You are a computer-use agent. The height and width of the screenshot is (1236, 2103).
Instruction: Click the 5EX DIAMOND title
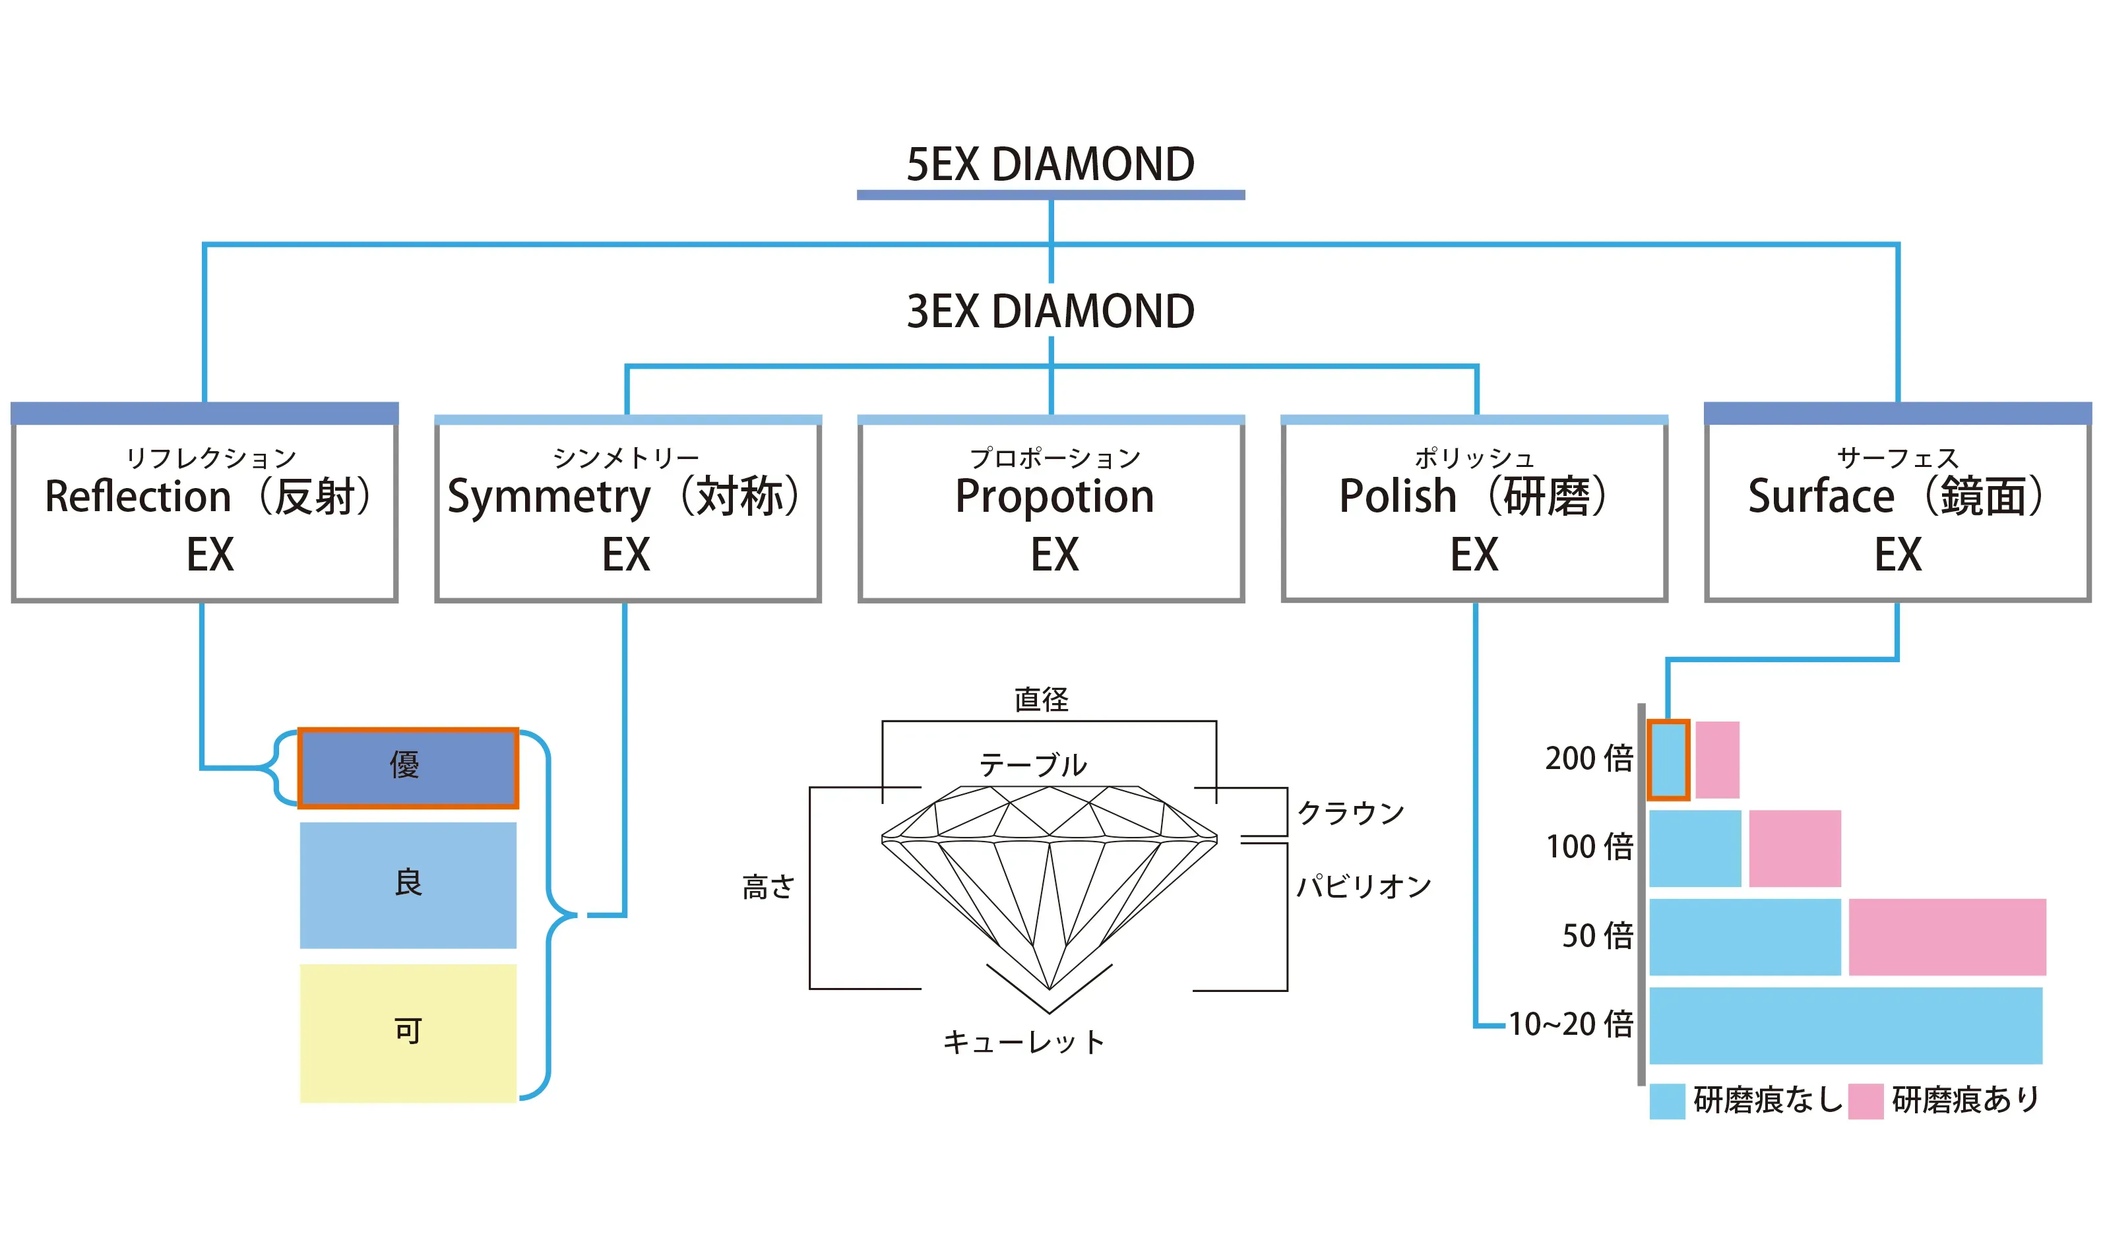tap(1050, 164)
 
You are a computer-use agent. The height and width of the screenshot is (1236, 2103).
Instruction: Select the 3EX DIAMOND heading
tap(1050, 311)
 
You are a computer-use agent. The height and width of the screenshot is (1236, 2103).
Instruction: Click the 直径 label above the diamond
tap(1041, 699)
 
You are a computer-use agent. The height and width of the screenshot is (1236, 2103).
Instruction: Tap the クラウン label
tap(1350, 813)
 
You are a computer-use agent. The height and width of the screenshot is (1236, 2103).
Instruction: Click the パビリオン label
tap(1363, 886)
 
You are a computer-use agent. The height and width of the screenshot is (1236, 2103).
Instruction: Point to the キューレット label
tap(1024, 1042)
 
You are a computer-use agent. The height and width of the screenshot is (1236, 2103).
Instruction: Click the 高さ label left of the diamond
tap(768, 887)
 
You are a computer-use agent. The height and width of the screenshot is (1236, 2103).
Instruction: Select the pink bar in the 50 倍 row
tap(1946, 937)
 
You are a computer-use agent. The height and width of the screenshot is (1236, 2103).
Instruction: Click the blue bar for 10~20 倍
tap(1845, 1026)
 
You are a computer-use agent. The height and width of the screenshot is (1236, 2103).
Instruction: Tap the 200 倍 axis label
tap(1588, 758)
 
